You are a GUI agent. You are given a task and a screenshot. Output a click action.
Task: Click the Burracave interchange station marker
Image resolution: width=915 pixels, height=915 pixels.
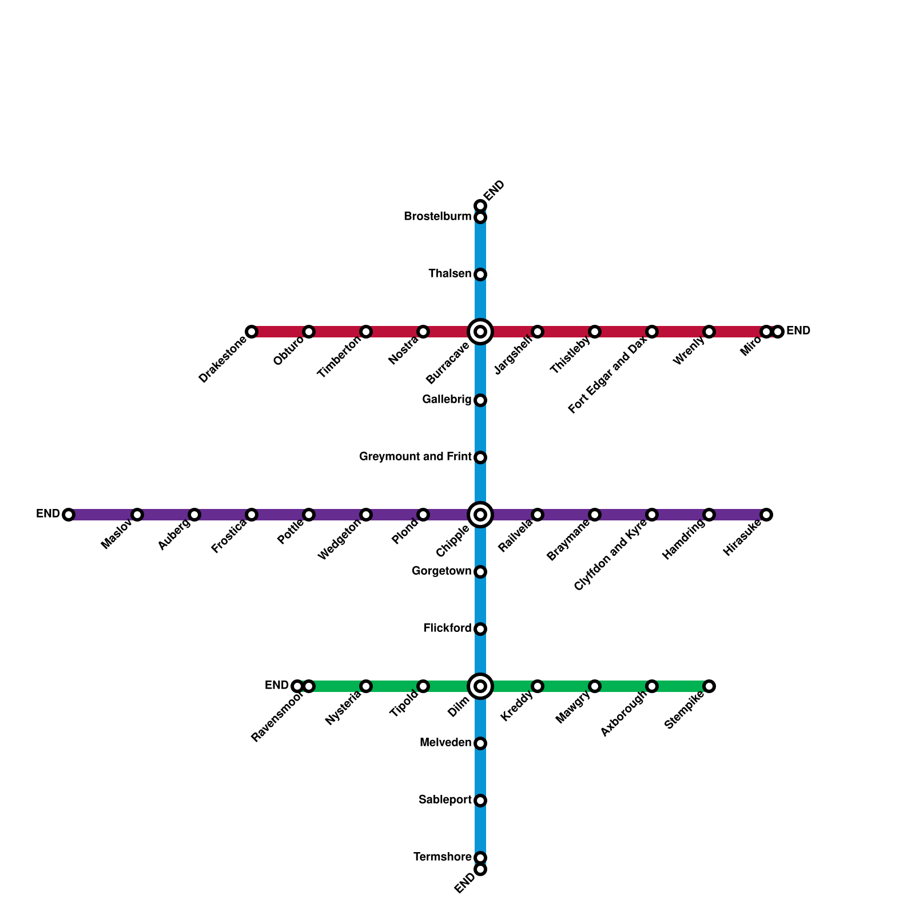tap(480, 332)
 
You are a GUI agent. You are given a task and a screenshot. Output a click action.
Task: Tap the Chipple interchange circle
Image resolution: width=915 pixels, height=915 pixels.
tap(480, 515)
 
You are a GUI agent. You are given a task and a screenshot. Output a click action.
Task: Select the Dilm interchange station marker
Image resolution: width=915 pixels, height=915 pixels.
tap(480, 686)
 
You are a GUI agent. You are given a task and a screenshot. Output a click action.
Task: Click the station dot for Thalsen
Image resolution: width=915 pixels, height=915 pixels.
tap(480, 274)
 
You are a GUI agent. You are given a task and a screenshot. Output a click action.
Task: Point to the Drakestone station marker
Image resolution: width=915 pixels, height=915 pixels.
tap(252, 332)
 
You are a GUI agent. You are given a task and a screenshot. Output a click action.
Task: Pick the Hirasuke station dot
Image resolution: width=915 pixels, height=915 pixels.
tap(766, 515)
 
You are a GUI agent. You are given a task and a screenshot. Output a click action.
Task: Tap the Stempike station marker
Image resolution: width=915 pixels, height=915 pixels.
tap(709, 686)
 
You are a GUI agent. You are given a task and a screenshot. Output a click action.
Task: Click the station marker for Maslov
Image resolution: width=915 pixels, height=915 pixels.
tap(137, 515)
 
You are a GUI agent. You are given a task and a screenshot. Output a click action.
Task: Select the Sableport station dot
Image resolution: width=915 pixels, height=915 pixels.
tap(480, 801)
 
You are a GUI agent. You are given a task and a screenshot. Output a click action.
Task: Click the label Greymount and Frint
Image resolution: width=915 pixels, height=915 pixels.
tap(415, 457)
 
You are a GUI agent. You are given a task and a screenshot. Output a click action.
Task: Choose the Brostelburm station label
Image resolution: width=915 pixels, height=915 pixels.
tap(437, 217)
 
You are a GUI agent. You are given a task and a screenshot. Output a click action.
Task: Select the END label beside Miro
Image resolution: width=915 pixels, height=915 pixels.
tap(798, 331)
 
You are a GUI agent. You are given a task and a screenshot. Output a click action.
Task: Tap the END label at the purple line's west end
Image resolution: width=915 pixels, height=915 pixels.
tap(48, 514)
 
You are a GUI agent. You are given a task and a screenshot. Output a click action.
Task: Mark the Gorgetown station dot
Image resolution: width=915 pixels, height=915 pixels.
tap(480, 572)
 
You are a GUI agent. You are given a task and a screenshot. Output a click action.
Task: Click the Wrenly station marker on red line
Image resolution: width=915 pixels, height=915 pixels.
tap(709, 332)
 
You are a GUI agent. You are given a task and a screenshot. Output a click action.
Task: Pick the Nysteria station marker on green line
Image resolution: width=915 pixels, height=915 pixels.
tap(366, 686)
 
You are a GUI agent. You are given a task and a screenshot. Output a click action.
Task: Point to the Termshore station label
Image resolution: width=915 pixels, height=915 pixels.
tap(442, 857)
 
